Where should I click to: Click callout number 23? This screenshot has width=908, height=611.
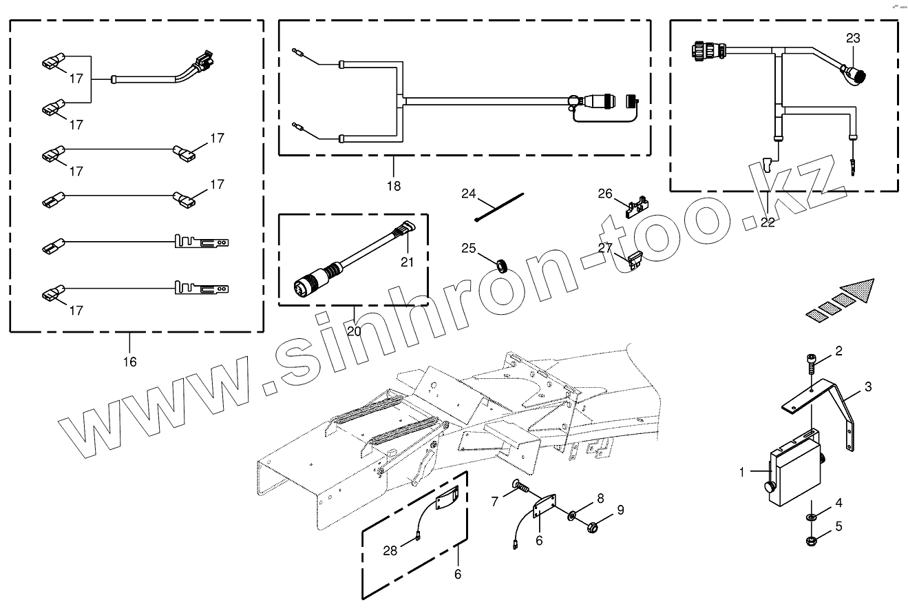853,39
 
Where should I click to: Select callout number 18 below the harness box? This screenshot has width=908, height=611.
393,186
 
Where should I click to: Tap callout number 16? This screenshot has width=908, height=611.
129,362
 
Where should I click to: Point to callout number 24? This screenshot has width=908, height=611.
469,194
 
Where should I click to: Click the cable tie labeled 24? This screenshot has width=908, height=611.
499,209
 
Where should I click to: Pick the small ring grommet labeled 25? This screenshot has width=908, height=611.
502,264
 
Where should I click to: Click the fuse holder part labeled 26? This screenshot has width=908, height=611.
637,206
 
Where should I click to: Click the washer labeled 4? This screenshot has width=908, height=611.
812,518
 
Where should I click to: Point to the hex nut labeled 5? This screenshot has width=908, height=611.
812,539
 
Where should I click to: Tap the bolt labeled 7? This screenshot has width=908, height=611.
520,488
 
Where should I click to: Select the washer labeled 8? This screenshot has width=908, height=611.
573,516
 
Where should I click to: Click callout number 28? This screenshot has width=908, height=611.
390,550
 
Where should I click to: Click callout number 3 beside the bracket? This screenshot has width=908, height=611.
868,387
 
